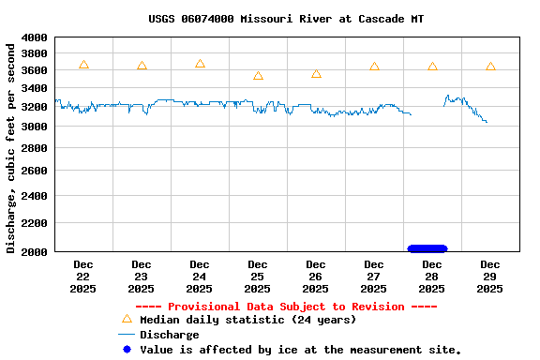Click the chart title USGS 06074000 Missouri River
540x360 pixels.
(x=286, y=19)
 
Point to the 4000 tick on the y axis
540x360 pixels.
(x=35, y=37)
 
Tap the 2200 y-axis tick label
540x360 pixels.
(x=35, y=223)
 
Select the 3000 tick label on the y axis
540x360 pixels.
(x=35, y=126)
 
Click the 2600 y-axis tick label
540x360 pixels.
(x=35, y=171)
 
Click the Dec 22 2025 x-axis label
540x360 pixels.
(x=83, y=277)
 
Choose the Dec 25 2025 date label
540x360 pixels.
(x=258, y=277)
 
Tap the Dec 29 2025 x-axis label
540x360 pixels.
(x=490, y=277)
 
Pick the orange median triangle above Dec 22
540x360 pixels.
(x=83, y=65)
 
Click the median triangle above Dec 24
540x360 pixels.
(x=200, y=64)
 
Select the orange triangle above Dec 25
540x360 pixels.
(x=258, y=76)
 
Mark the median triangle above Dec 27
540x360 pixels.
(x=374, y=67)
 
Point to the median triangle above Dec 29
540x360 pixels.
(x=490, y=67)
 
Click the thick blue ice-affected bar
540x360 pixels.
(x=427, y=248)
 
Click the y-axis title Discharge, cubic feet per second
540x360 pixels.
(x=11, y=145)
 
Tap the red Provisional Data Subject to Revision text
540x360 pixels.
(x=286, y=307)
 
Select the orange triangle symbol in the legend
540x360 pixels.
(x=127, y=319)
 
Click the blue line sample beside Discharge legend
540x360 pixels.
(x=127, y=335)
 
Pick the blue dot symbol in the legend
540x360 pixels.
(x=127, y=350)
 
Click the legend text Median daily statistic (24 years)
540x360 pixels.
(x=247, y=320)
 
